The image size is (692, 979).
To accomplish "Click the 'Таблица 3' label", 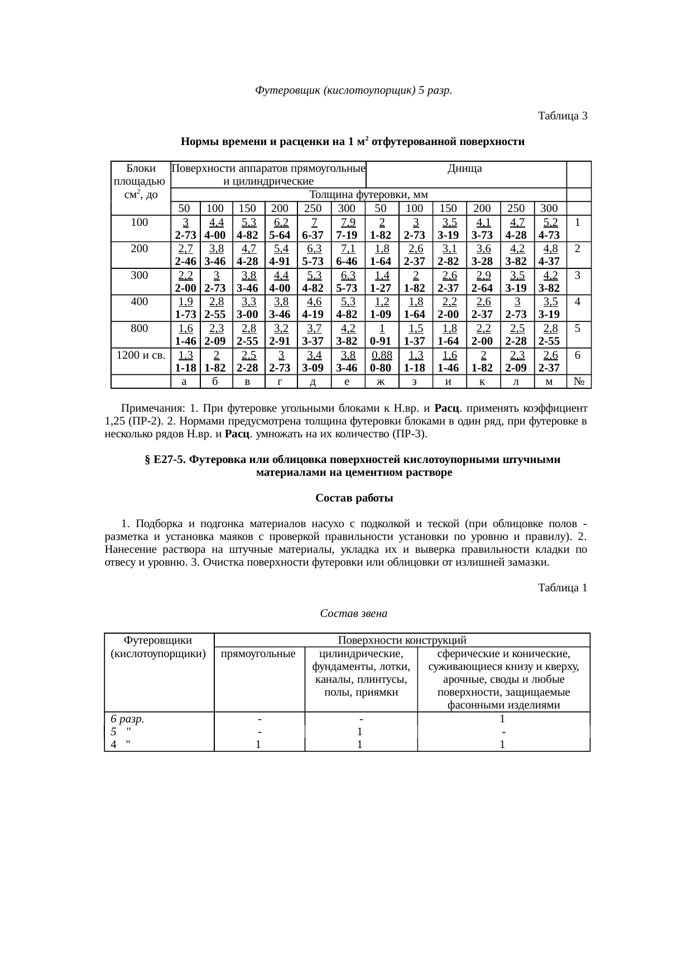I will pyautogui.click(x=562, y=116).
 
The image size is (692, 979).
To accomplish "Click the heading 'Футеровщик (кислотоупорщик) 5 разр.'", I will pyautogui.click(x=353, y=90).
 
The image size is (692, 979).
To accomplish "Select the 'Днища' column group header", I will pyautogui.click(x=465, y=168).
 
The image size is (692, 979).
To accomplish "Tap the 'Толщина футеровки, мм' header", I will pyautogui.click(x=368, y=195).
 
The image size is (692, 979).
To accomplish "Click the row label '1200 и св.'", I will pyautogui.click(x=140, y=355).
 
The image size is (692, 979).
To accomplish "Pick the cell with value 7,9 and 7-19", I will pyautogui.click(x=347, y=228).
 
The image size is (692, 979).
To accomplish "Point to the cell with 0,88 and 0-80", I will pyautogui.click(x=381, y=361).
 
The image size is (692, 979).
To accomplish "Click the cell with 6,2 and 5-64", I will pyautogui.click(x=280, y=228).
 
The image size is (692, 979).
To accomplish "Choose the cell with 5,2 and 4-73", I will pyautogui.click(x=550, y=228).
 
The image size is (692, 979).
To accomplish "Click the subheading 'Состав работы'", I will pyautogui.click(x=354, y=498).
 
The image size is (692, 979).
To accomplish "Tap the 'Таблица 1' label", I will pyautogui.click(x=562, y=588).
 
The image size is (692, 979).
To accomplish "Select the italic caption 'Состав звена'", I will pyautogui.click(x=354, y=614).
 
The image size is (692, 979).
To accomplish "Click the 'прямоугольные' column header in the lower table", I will pyautogui.click(x=258, y=653).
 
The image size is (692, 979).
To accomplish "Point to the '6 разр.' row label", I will pyautogui.click(x=128, y=718).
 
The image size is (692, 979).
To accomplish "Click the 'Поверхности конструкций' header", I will pyautogui.click(x=402, y=640).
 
